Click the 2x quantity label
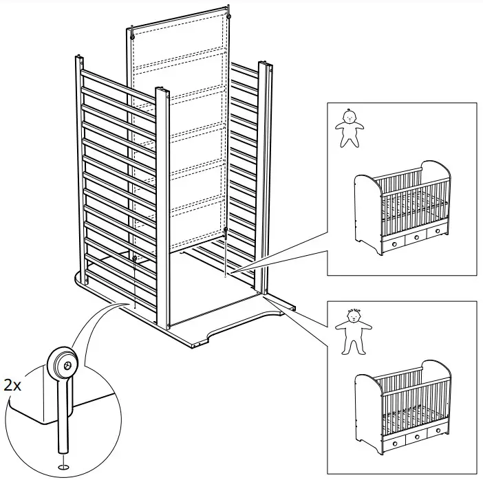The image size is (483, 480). pos(13,385)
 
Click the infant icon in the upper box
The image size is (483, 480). pos(350,128)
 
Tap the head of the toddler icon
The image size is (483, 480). pos(354,318)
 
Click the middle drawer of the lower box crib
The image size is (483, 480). pos(416,439)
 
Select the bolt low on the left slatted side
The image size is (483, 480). pos(136,259)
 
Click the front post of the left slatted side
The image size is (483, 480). pos(162,206)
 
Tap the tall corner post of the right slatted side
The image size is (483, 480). pos(263,179)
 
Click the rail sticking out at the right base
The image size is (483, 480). pos(282,303)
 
